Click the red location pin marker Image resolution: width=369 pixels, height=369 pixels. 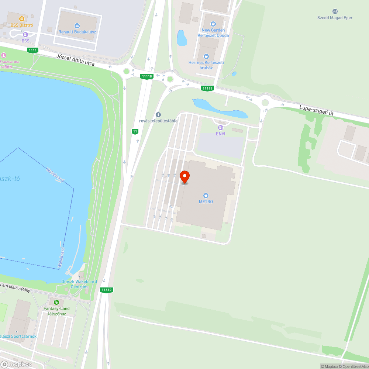point(184,177)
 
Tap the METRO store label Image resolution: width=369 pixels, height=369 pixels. point(206,201)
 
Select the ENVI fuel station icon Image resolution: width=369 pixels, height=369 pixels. point(221,128)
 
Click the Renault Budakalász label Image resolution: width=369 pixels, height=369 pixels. point(77,32)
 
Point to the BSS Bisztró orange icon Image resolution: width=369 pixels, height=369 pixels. point(22,18)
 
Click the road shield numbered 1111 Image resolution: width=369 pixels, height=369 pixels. point(33,50)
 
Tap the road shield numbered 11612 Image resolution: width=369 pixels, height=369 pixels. point(106,290)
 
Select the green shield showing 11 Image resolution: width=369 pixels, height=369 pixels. point(135,131)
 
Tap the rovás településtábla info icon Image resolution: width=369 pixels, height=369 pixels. point(158,115)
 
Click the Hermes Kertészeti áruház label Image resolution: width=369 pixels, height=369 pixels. point(206,65)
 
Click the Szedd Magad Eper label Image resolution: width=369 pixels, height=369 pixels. point(335,18)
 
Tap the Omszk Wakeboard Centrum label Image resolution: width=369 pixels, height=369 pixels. point(79,284)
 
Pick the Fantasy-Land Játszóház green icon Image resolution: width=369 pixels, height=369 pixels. point(56,302)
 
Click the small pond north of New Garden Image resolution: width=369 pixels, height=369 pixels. point(182,38)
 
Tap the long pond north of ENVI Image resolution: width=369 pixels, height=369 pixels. point(220,108)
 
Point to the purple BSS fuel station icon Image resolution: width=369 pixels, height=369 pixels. point(25,35)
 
